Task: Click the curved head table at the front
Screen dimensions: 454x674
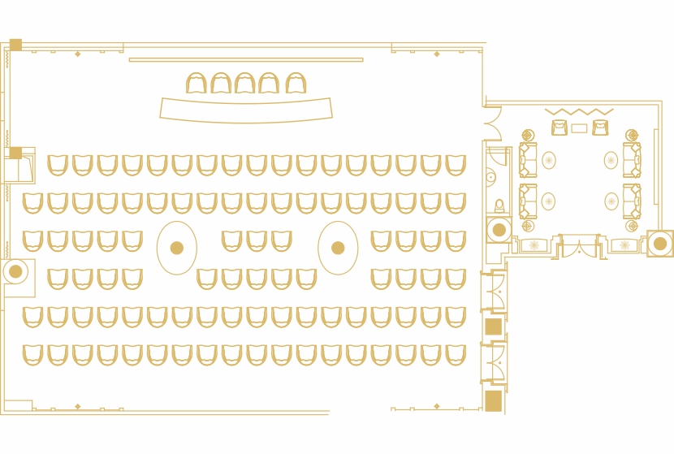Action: click(x=246, y=110)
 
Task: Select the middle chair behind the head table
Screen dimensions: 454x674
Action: click(x=245, y=84)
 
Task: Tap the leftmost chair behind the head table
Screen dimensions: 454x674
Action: click(x=197, y=84)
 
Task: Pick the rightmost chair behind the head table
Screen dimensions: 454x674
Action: click(x=296, y=84)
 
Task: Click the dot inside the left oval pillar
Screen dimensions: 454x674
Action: click(x=176, y=248)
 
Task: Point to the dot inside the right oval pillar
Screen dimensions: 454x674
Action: click(x=338, y=248)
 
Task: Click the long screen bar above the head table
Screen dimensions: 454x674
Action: click(x=245, y=59)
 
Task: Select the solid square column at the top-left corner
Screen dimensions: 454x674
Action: click(x=15, y=45)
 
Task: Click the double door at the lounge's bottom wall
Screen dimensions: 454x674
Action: click(x=579, y=246)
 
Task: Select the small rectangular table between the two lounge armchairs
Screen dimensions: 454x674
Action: click(x=579, y=128)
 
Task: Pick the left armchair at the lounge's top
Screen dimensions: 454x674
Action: click(x=560, y=128)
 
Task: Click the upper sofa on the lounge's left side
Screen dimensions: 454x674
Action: click(x=528, y=160)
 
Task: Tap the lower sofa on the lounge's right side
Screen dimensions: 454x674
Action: click(x=632, y=201)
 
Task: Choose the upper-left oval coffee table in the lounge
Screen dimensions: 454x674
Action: click(x=549, y=160)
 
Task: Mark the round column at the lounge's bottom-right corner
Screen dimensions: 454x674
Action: click(x=659, y=244)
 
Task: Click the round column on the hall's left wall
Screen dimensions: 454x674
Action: click(x=15, y=271)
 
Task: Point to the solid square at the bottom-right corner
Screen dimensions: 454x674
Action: click(x=493, y=400)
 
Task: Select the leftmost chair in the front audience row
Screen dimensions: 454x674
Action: click(x=58, y=166)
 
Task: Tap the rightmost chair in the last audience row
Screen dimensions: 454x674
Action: click(x=456, y=355)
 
